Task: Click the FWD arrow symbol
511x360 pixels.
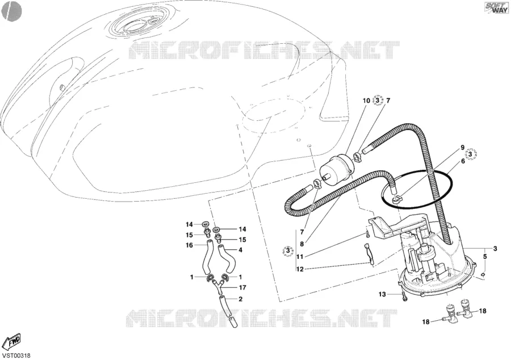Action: click(x=11, y=341)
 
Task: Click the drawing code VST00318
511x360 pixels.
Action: click(x=16, y=356)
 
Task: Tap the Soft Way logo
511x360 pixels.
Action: click(x=496, y=7)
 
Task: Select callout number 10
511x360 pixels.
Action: click(x=366, y=101)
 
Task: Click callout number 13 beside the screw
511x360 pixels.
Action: click(x=382, y=295)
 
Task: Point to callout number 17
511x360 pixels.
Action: click(x=242, y=288)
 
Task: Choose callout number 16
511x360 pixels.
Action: click(x=189, y=245)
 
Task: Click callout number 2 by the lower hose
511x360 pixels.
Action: click(x=241, y=299)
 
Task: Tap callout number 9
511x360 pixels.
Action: click(x=462, y=148)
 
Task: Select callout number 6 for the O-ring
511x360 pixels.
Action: click(x=463, y=161)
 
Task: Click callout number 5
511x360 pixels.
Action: click(x=485, y=257)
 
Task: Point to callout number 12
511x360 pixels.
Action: click(x=300, y=269)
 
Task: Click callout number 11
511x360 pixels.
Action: click(x=300, y=257)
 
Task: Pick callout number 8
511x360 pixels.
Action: click(x=302, y=244)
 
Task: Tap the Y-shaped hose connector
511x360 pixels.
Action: click(x=216, y=286)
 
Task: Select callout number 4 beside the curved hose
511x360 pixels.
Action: click(x=241, y=250)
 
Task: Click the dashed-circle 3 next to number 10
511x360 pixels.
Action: click(x=378, y=101)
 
